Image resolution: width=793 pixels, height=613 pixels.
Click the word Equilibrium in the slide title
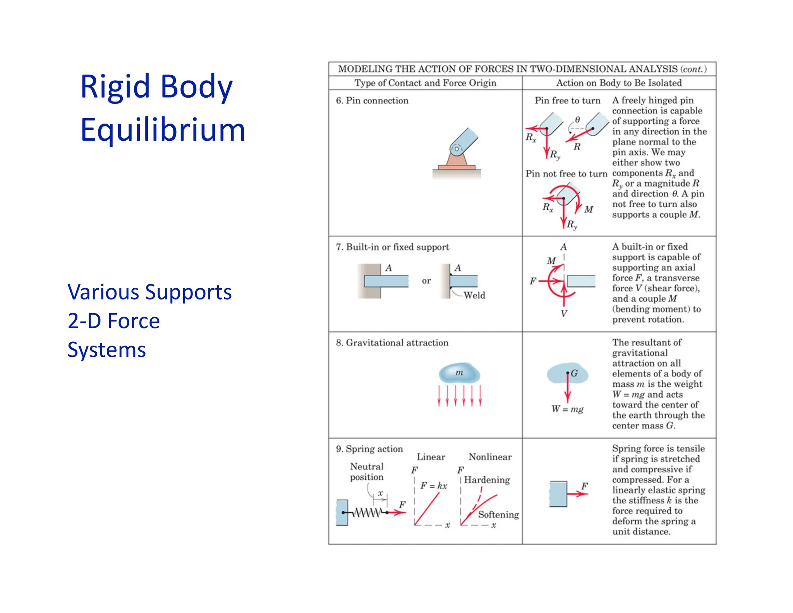(x=163, y=130)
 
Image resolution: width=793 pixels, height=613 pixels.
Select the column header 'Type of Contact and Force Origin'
(x=425, y=83)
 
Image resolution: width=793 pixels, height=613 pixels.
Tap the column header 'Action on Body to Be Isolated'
(x=619, y=83)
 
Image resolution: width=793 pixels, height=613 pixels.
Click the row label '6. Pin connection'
(x=372, y=101)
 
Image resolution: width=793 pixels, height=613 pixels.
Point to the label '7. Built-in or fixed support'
(x=392, y=247)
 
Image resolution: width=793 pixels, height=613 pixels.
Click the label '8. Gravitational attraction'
(x=392, y=343)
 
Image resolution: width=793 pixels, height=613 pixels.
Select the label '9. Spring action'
(x=369, y=449)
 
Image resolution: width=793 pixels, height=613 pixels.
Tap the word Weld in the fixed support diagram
(x=474, y=295)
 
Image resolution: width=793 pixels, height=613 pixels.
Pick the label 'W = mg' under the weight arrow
(x=567, y=409)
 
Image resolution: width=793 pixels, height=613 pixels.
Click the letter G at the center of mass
(x=574, y=373)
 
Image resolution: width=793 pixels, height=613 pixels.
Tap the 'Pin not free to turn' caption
(x=566, y=174)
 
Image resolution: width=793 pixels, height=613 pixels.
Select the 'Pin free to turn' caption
(x=567, y=101)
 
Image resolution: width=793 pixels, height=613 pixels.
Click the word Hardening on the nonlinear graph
(x=487, y=480)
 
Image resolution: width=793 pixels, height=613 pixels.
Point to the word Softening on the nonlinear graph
(x=498, y=515)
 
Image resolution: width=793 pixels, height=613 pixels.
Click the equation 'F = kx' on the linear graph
(x=434, y=486)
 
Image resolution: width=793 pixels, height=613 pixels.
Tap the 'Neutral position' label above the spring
(x=367, y=472)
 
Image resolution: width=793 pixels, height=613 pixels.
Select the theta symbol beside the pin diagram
(x=577, y=120)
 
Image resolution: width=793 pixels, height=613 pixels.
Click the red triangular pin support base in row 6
(x=457, y=159)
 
